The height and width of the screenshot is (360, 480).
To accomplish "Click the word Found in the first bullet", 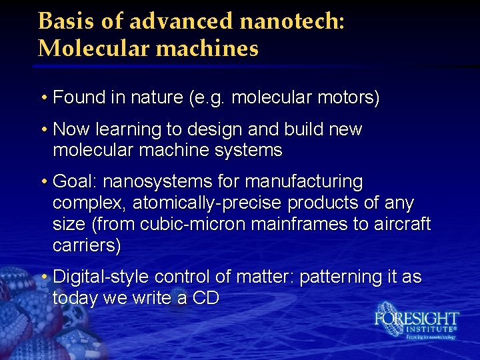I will (x=79, y=99).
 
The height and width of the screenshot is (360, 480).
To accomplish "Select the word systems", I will (x=249, y=151).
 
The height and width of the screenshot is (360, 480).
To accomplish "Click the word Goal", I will (x=75, y=181).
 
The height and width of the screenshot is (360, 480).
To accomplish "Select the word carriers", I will (x=87, y=245).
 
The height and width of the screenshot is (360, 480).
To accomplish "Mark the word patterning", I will (x=344, y=277).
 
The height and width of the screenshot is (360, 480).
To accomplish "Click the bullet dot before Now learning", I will (x=43, y=129).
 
